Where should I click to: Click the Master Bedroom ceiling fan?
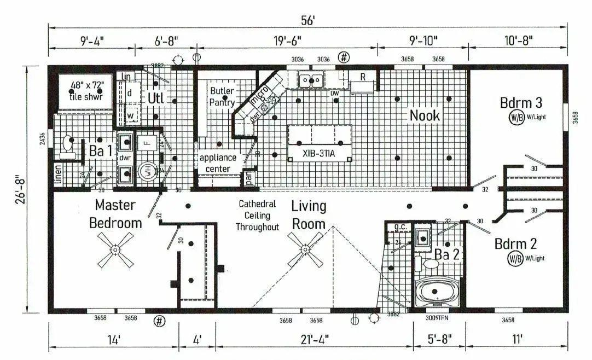point(115,250)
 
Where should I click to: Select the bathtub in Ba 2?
point(438,292)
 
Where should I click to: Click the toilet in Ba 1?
point(68,147)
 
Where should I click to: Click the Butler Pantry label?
point(222,96)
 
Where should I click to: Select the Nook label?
point(425,115)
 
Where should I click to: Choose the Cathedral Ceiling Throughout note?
point(257,215)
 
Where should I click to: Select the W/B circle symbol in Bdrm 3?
point(515,117)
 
